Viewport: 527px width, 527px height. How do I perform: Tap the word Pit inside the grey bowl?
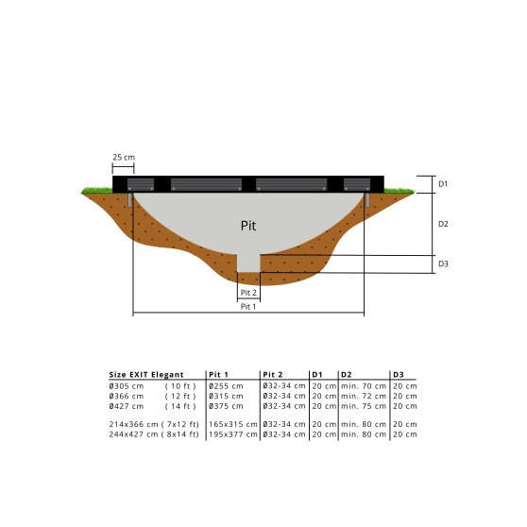click(247, 227)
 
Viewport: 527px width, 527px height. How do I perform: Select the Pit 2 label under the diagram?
click(247, 294)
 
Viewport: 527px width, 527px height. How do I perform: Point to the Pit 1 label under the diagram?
click(247, 306)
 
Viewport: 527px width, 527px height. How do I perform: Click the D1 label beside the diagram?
click(443, 183)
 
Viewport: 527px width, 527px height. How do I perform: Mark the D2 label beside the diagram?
click(443, 224)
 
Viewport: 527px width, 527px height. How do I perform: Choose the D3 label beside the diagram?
click(443, 264)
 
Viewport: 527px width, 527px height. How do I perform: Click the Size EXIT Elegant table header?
click(146, 375)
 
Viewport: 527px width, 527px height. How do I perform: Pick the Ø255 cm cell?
click(225, 385)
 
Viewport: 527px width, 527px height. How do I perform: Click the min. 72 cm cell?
click(364, 396)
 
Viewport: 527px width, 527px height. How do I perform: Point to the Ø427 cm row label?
click(127, 406)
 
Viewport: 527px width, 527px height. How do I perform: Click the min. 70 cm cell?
click(364, 385)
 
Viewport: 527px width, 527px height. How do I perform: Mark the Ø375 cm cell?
click(225, 406)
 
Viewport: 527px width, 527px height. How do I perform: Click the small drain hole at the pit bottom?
click(247, 262)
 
